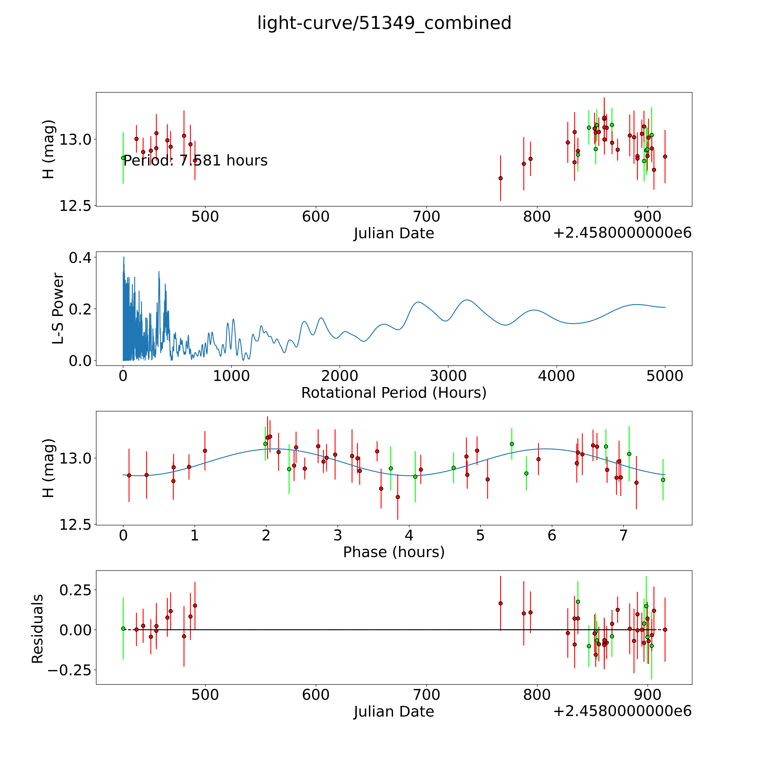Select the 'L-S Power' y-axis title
click(x=58, y=308)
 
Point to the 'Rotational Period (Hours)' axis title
click(x=394, y=393)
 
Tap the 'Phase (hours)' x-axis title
click(x=394, y=552)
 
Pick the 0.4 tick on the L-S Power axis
click(x=80, y=258)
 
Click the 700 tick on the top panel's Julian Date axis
click(x=426, y=217)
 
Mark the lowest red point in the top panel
click(x=500, y=178)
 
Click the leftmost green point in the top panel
click(x=123, y=158)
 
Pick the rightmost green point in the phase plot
click(x=663, y=480)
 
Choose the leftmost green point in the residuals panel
click(x=123, y=628)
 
